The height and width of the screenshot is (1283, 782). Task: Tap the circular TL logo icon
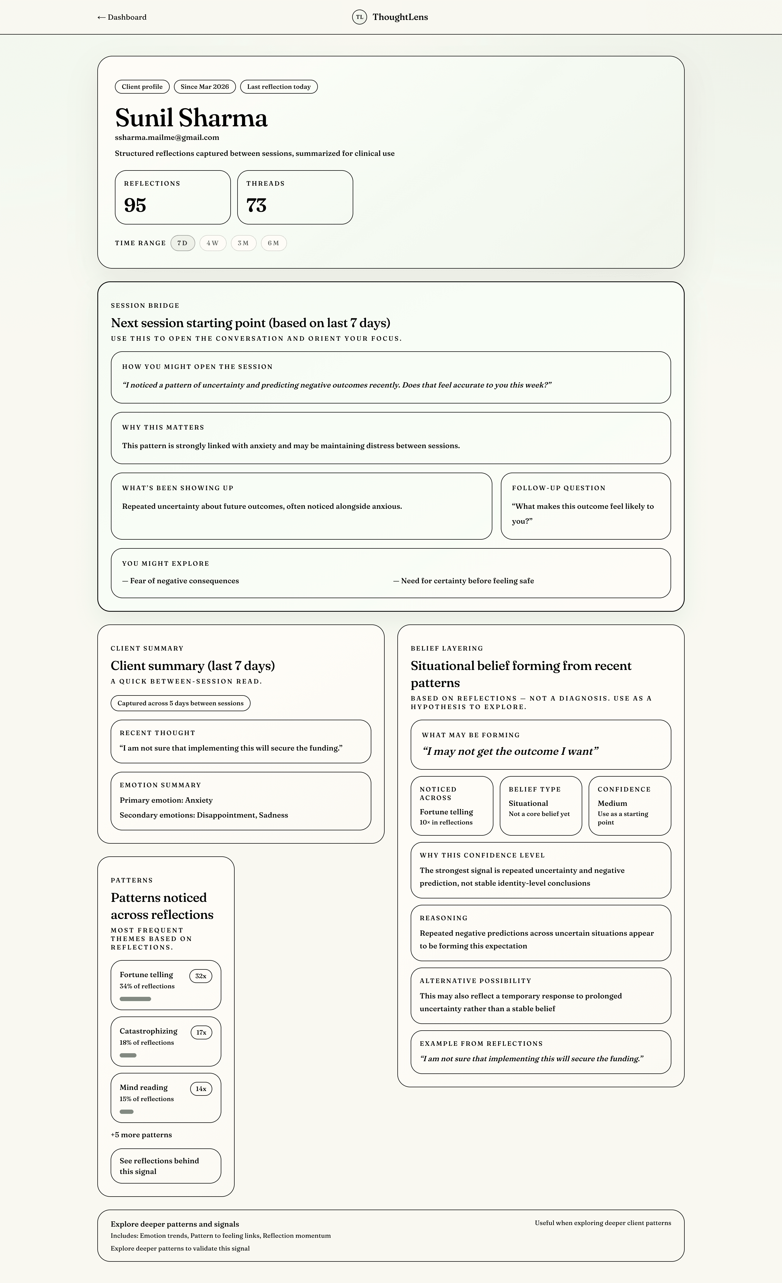(x=359, y=17)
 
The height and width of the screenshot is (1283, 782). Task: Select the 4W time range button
(x=213, y=243)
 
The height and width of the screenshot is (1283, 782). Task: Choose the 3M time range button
(x=243, y=243)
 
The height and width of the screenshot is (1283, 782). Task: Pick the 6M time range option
(x=273, y=243)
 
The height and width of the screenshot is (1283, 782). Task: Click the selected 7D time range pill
(x=182, y=243)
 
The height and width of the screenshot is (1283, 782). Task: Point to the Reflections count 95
(x=135, y=205)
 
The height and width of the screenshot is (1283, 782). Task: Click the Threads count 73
(x=256, y=205)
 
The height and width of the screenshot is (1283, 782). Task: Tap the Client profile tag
(x=142, y=87)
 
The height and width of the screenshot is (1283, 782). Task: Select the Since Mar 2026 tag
(x=205, y=87)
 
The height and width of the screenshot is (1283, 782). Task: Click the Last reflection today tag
(x=278, y=87)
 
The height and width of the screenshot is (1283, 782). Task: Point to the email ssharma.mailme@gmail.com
(x=167, y=138)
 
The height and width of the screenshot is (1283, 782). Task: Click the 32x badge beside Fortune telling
(x=201, y=976)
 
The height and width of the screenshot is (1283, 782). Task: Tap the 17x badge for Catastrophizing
(x=201, y=1032)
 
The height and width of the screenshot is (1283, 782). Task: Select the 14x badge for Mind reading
(x=201, y=1089)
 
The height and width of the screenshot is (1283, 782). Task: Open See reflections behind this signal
(x=165, y=1166)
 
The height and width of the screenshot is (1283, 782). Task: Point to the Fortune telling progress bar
(x=135, y=999)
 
